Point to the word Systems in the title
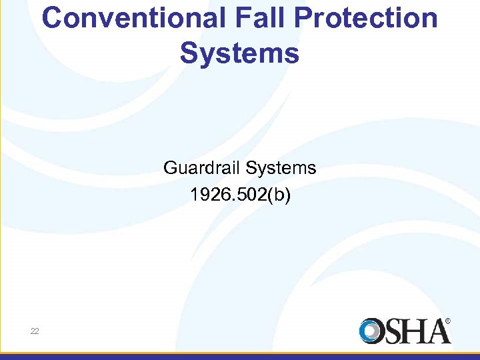pos(239,54)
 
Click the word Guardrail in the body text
pos(201,168)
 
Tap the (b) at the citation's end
pos(277,195)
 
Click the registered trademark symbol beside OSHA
pos(448,321)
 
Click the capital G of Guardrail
pos(171,168)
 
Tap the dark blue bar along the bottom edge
pos(240,356)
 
